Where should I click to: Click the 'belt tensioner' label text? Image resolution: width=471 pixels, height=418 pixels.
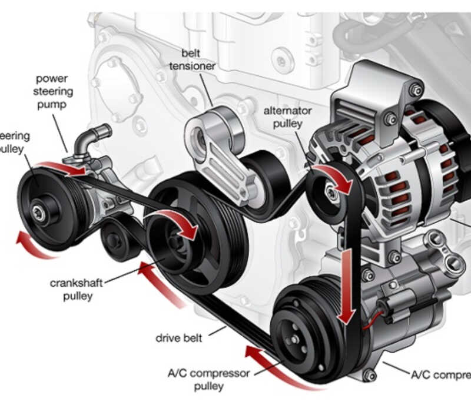[x=192, y=59]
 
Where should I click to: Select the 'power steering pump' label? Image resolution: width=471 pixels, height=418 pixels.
[x=53, y=91]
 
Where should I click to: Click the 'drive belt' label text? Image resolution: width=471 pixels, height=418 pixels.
[x=179, y=338]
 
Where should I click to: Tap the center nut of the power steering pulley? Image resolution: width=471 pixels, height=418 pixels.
[x=39, y=214]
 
